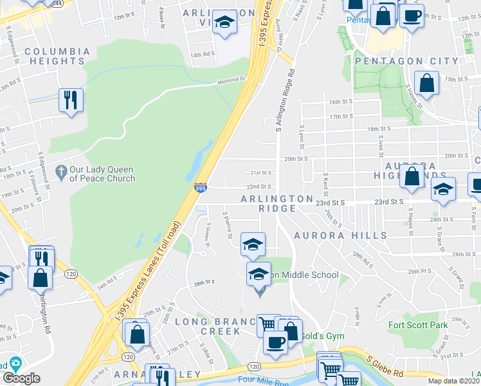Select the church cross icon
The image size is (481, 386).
tap(61, 172)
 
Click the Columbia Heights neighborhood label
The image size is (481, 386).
tap(57, 56)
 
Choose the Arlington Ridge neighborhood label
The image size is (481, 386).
tap(277, 203)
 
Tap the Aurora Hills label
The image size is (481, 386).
tap(340, 236)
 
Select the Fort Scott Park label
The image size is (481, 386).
tap(418, 325)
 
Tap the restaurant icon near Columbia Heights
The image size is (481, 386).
tap(70, 100)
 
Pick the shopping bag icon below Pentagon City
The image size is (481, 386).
tap(426, 82)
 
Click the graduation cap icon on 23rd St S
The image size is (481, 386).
tap(443, 188)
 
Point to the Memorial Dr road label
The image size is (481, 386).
tap(232, 79)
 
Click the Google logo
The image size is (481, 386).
tap(21, 378)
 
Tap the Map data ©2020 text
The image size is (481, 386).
tap(453, 381)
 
